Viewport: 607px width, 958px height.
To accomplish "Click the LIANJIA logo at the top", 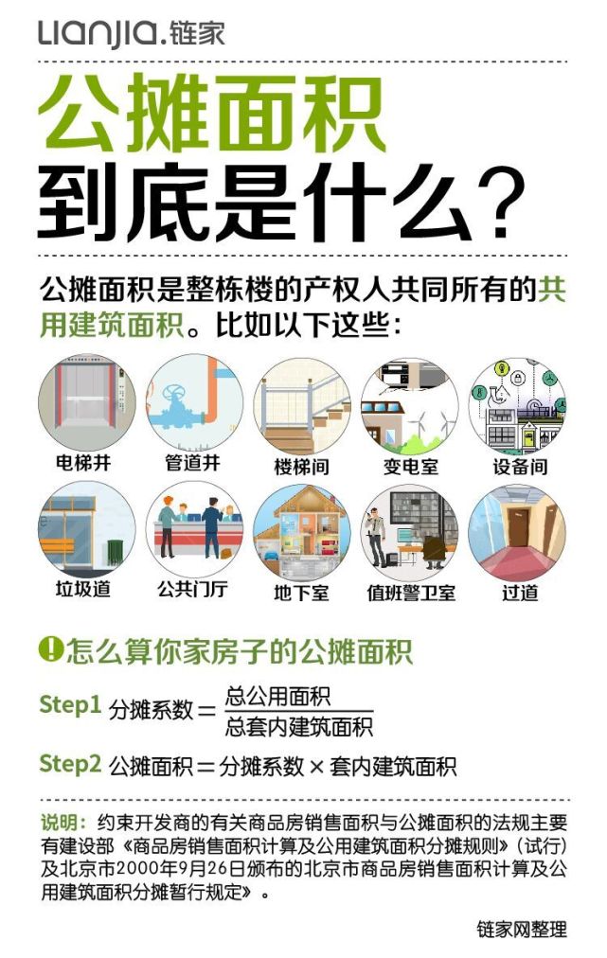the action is click(132, 33).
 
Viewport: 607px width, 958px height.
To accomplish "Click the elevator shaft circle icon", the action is click(86, 402).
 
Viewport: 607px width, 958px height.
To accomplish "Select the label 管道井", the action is click(192, 463).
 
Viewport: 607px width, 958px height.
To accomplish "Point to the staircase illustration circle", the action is click(302, 406).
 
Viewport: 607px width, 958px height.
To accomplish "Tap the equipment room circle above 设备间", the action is click(518, 406).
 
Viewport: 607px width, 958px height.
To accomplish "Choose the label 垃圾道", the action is click(83, 589).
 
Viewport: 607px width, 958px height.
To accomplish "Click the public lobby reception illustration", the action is click(194, 529).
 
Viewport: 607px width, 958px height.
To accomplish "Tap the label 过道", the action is click(520, 593).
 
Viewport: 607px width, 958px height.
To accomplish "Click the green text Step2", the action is click(70, 763).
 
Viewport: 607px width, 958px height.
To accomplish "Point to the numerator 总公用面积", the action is click(278, 697).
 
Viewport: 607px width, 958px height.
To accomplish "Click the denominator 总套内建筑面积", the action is click(299, 727).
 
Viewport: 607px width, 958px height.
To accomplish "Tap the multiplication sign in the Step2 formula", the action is click(316, 767).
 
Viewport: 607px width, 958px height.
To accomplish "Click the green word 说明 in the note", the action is click(59, 822).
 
